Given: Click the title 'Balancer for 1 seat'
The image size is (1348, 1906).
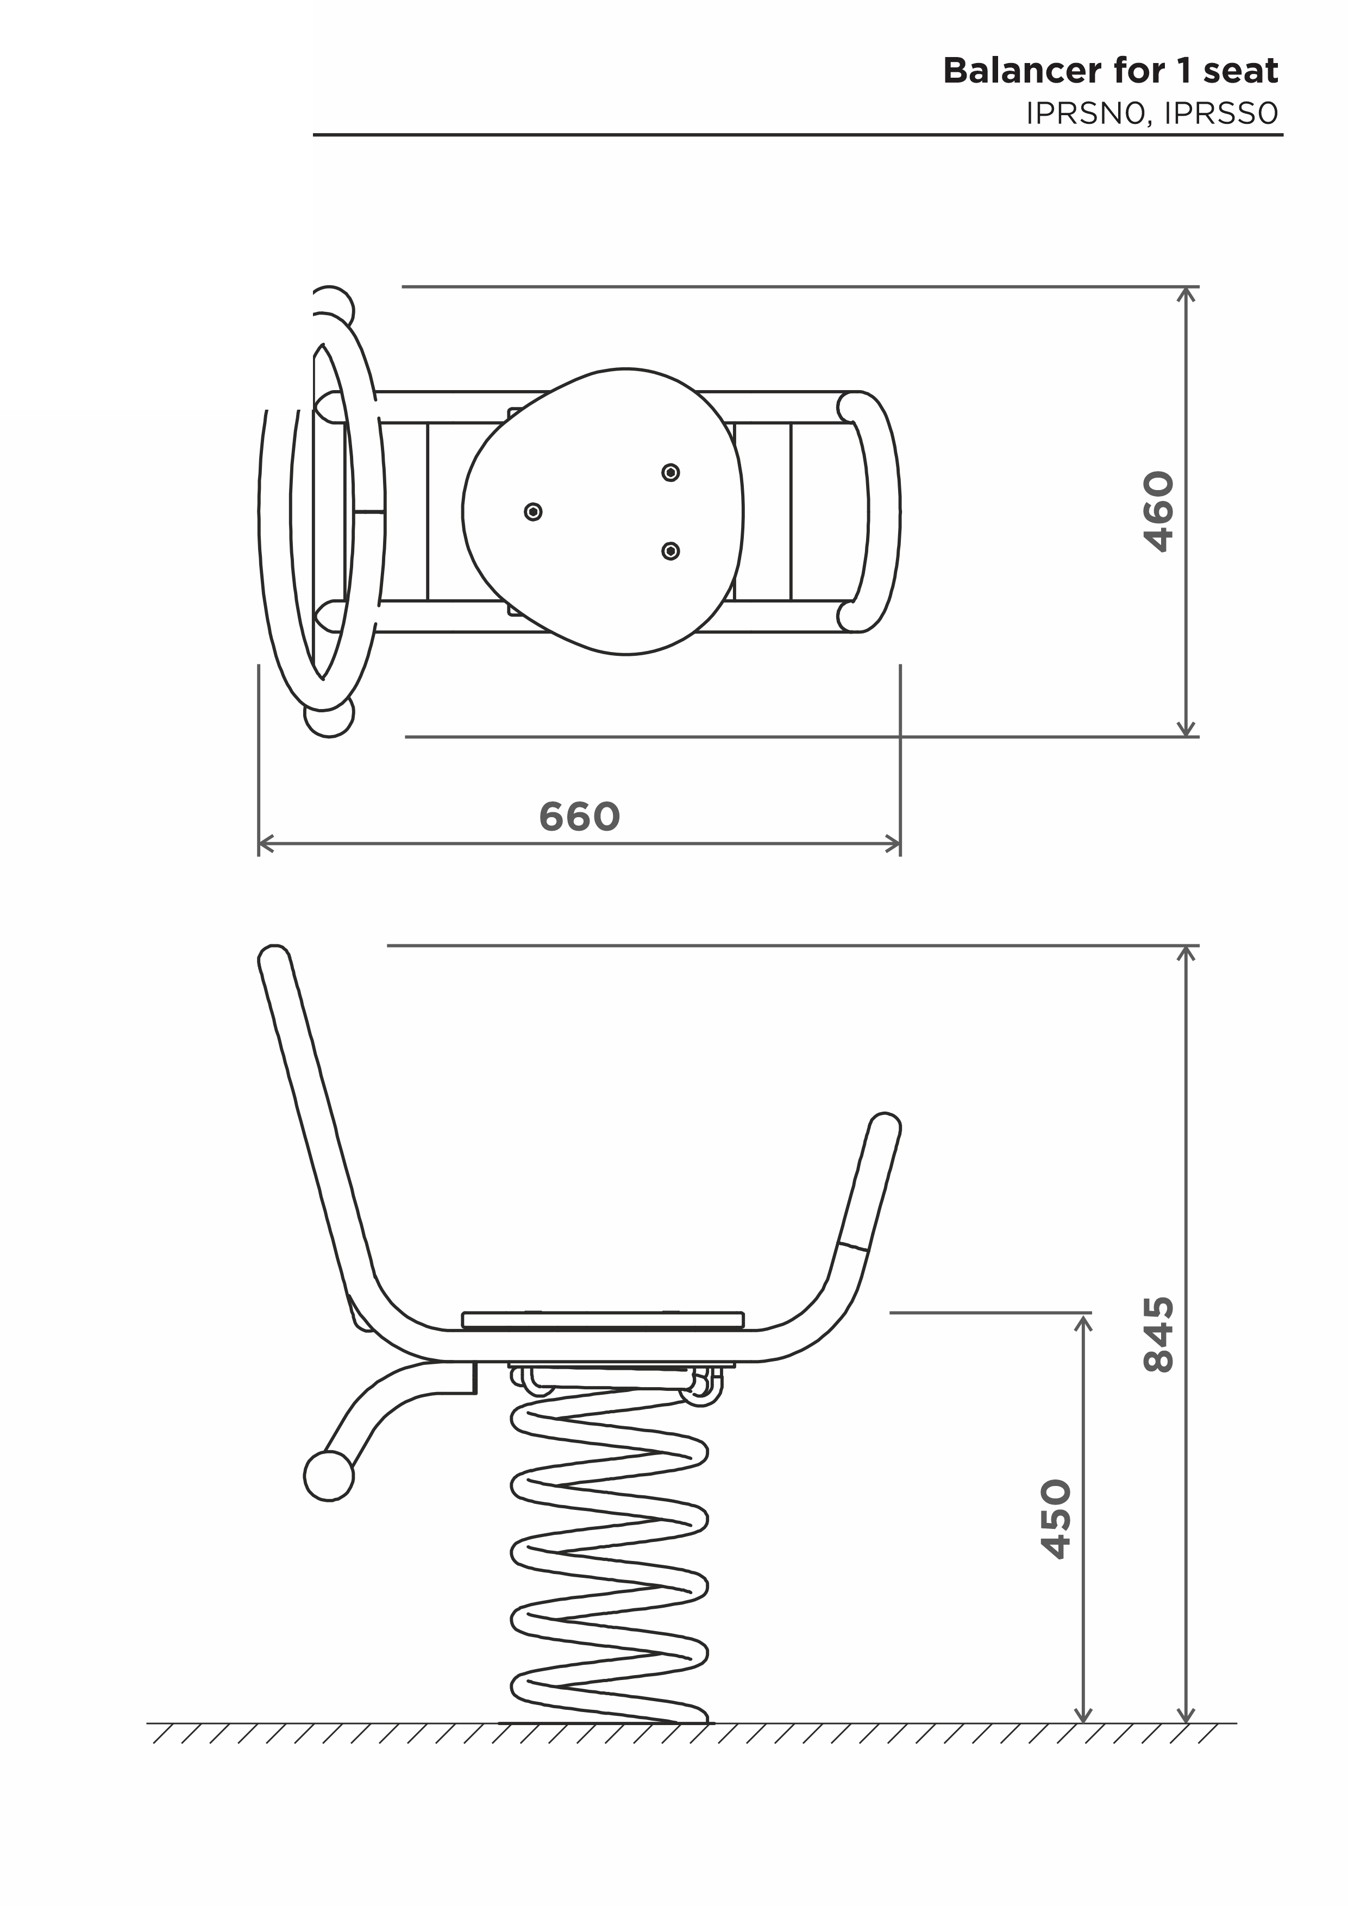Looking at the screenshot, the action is [x=1111, y=71].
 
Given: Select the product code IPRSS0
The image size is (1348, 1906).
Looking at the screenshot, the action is [x=1221, y=114].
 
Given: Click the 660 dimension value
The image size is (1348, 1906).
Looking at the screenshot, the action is [x=579, y=817].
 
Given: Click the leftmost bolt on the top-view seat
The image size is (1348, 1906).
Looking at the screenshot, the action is [x=534, y=511].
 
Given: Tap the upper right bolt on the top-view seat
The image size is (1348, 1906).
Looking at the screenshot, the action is [x=670, y=472].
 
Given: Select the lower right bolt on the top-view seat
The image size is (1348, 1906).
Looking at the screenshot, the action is [x=670, y=551].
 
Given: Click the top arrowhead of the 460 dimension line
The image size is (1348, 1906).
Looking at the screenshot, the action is [x=1188, y=294].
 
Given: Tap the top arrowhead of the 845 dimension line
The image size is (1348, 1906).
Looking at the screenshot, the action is [x=1188, y=953].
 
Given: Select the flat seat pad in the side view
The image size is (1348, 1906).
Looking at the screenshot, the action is [x=603, y=1320].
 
